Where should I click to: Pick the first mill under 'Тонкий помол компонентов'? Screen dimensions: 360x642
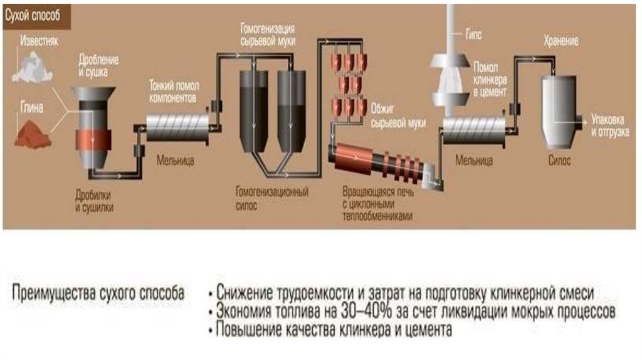(177, 127)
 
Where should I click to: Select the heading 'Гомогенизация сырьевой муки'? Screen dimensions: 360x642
(268, 35)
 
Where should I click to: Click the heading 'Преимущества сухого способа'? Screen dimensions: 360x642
(98, 292)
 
